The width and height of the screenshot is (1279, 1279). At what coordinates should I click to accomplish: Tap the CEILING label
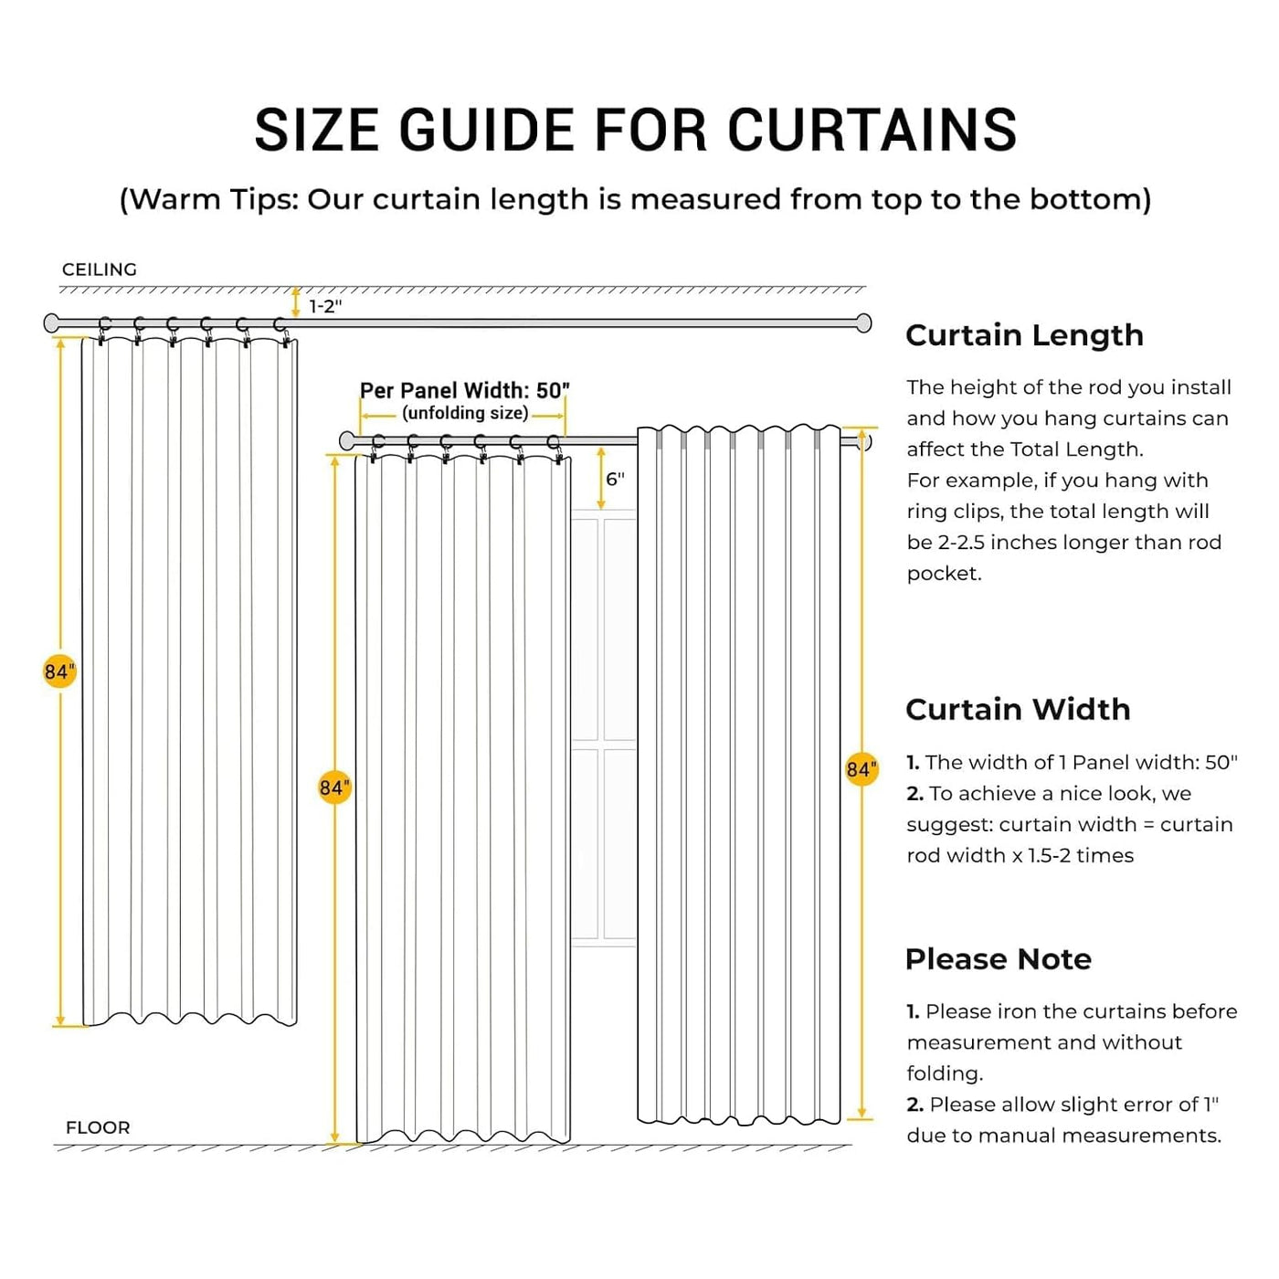[x=100, y=270]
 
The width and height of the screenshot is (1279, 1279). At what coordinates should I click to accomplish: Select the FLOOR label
[x=98, y=1127]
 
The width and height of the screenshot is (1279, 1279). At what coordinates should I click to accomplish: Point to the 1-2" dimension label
[x=325, y=306]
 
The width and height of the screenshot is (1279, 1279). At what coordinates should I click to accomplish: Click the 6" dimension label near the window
[x=615, y=479]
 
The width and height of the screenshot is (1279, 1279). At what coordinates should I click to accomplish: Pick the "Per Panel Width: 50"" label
[x=464, y=390]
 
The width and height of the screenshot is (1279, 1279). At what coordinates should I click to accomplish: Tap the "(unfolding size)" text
[x=465, y=413]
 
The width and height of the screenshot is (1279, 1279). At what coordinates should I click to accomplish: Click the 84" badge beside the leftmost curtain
[x=59, y=671]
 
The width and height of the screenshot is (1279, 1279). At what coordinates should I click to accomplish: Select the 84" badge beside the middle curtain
[x=334, y=787]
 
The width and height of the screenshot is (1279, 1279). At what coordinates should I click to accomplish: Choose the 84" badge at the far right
[x=861, y=769]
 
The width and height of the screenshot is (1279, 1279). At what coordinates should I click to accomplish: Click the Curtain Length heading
[x=1024, y=335]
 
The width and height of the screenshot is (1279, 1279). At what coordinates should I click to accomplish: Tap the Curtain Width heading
[x=1018, y=709]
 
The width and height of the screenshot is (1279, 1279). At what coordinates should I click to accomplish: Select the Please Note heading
[x=999, y=959]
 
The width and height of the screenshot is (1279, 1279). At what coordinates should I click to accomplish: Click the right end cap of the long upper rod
[x=863, y=322]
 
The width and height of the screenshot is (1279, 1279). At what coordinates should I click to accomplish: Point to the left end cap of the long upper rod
[x=51, y=322]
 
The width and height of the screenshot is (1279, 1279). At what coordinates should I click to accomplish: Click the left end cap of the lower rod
[x=346, y=441]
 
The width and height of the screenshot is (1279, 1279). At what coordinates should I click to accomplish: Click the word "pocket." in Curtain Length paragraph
[x=944, y=574]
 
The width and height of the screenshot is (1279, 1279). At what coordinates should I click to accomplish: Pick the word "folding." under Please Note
[x=945, y=1073]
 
